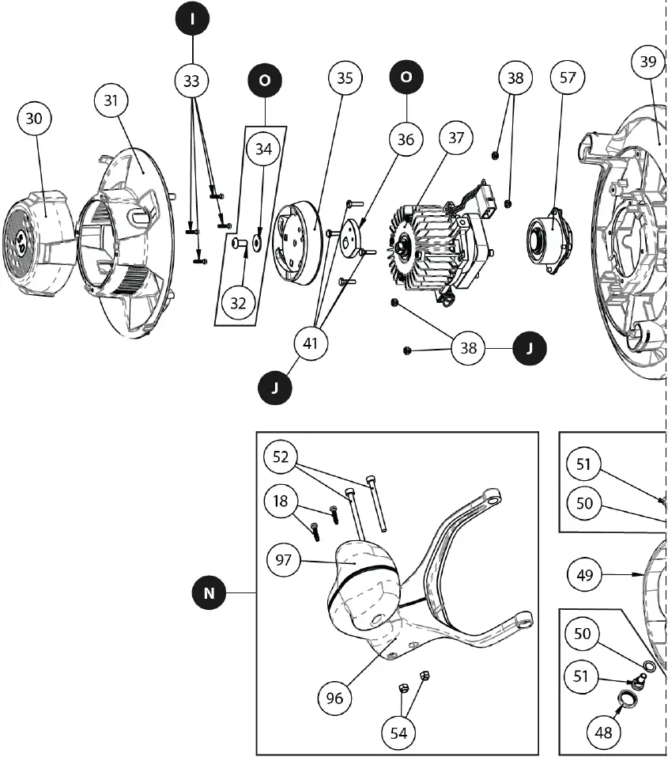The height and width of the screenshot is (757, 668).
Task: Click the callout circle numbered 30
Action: pyautogui.click(x=34, y=119)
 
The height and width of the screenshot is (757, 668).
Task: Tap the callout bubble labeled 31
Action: pyautogui.click(x=111, y=100)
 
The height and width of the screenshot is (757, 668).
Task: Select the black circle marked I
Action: pyautogui.click(x=192, y=19)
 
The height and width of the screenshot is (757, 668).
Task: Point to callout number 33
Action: pyautogui.click(x=192, y=80)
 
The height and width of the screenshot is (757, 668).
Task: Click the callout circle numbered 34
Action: pyautogui.click(x=263, y=148)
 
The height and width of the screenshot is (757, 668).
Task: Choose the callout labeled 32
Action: pyautogui.click(x=239, y=302)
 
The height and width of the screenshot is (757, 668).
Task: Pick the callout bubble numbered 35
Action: pyautogui.click(x=345, y=78)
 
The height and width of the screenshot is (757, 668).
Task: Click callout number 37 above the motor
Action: pyautogui.click(x=456, y=138)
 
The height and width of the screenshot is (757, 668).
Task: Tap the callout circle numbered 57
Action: pyautogui.click(x=566, y=78)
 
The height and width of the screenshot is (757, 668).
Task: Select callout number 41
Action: pyautogui.click(x=311, y=343)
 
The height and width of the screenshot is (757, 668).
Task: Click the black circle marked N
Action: pyautogui.click(x=209, y=592)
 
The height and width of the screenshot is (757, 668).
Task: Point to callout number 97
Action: pyautogui.click(x=283, y=560)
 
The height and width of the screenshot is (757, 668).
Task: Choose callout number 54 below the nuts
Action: pyautogui.click(x=398, y=733)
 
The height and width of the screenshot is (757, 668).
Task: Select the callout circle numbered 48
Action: pyautogui.click(x=603, y=732)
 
